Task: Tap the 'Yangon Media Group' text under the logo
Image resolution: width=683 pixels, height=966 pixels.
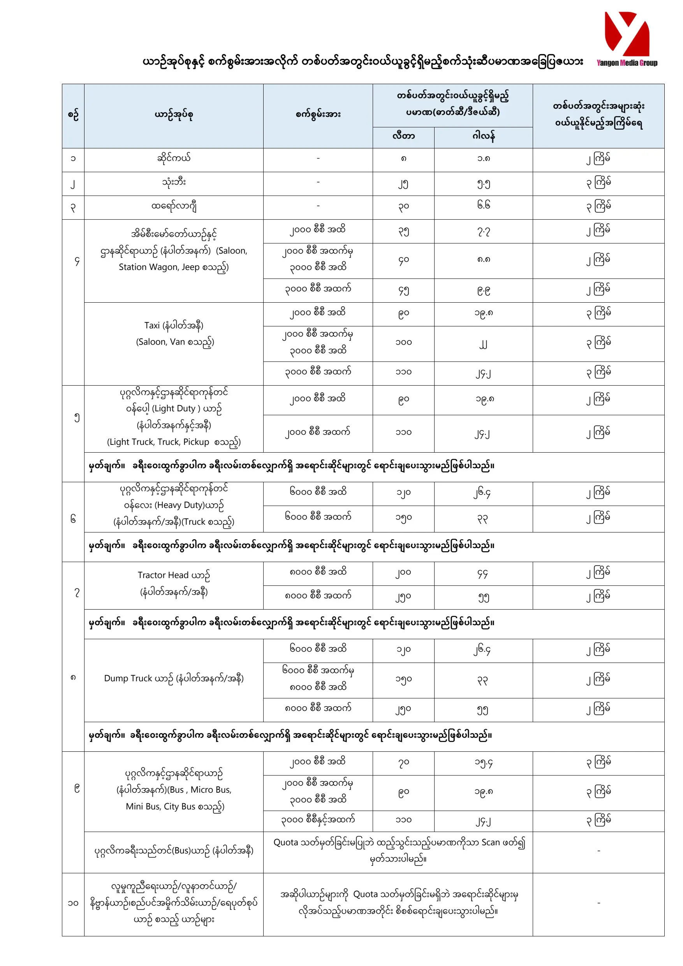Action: (627, 63)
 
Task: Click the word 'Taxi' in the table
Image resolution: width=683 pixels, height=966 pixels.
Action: (152, 325)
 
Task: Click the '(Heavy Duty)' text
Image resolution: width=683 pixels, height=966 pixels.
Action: (170, 505)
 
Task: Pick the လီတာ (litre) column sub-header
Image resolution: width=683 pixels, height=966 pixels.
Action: (403, 136)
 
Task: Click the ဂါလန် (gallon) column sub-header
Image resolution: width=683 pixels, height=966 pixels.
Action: (483, 136)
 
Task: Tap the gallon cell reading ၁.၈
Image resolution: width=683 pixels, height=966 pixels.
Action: (483, 159)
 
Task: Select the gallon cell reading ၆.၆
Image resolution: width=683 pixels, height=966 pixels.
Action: (483, 205)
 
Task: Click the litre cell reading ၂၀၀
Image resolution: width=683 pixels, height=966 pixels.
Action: (403, 573)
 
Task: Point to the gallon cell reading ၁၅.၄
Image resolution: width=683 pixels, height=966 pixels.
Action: (483, 762)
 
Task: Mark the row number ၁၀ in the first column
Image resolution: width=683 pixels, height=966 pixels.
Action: (73, 903)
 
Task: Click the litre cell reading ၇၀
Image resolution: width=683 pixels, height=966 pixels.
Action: (403, 762)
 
